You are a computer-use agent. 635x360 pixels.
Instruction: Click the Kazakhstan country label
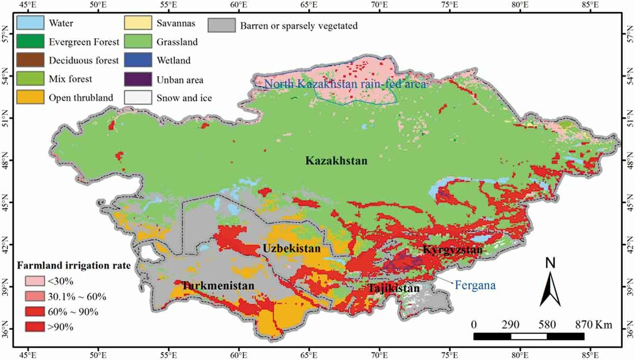point(335,161)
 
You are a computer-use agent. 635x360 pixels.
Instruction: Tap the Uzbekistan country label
point(291,248)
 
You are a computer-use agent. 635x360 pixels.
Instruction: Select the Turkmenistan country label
point(218,286)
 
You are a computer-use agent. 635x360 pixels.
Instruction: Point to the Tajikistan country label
point(393,289)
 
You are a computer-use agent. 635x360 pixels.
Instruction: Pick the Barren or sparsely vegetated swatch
point(223,25)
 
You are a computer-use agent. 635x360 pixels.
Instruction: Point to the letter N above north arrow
point(550,262)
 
